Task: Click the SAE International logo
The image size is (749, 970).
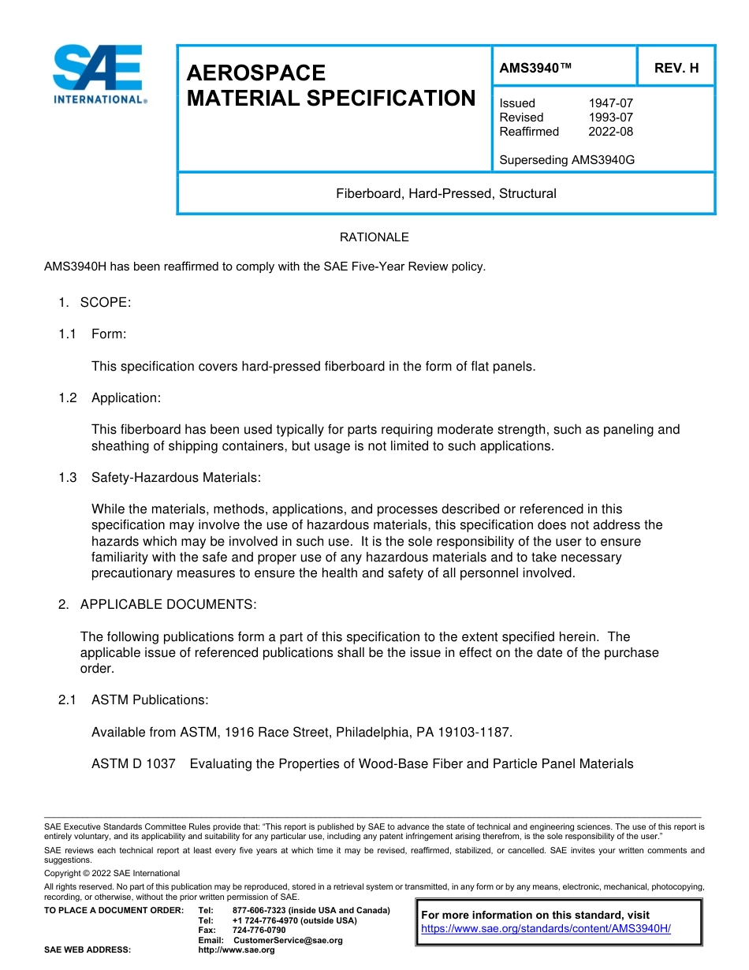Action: point(99,75)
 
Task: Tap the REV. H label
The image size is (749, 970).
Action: point(676,68)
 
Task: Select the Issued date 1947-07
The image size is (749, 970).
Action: point(610,103)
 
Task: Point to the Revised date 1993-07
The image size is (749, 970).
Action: point(610,118)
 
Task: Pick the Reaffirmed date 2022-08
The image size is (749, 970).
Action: point(610,132)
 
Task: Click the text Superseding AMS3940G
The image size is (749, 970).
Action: point(567,160)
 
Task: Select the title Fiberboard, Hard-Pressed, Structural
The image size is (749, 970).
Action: point(446,193)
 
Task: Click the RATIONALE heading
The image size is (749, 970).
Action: point(374,237)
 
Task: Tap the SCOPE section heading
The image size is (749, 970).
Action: point(106,302)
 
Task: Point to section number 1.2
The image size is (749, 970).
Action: point(68,398)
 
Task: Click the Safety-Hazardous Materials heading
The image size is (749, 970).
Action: point(176,478)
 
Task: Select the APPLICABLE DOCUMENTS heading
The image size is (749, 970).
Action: point(168,605)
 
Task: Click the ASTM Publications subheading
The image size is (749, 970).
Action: point(150,700)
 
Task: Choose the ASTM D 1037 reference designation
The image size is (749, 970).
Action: point(133,764)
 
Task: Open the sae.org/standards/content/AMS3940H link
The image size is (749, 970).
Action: point(546,929)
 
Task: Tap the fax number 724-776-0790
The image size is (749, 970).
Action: point(259,931)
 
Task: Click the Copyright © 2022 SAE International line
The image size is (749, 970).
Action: point(112,874)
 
